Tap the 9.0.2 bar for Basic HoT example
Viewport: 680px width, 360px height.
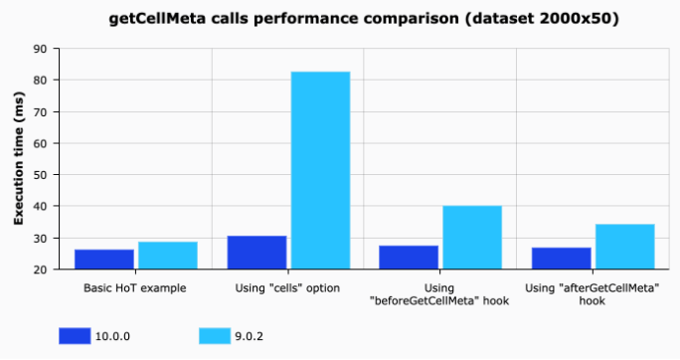click(x=167, y=256)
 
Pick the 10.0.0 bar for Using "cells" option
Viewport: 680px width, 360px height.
click(x=256, y=253)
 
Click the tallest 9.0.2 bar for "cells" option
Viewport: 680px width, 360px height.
click(x=320, y=170)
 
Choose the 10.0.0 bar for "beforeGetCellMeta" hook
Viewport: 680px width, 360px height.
click(x=410, y=258)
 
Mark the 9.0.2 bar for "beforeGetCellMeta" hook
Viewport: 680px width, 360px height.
click(x=472, y=238)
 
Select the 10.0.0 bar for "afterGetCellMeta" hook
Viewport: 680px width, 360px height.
click(x=562, y=259)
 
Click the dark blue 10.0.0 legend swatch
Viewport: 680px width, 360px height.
click(x=74, y=336)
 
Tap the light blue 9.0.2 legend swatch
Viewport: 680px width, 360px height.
click(x=214, y=336)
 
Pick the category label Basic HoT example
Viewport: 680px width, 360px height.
click(x=136, y=288)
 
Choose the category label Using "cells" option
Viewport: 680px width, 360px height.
click(x=288, y=288)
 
